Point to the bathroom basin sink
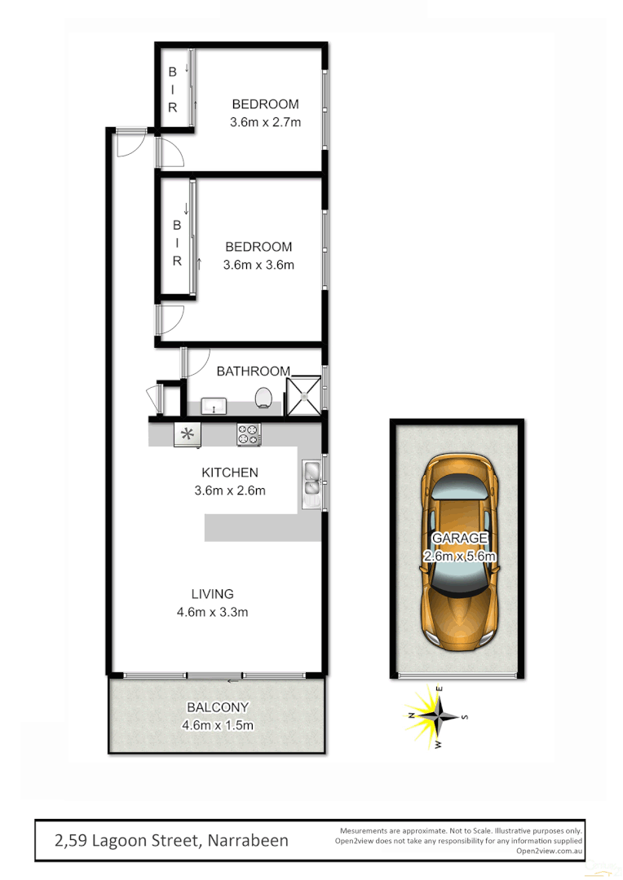point(214,403)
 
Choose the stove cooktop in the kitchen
point(249,434)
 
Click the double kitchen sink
point(311,479)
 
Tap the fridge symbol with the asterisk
point(188,434)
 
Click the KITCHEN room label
point(230,473)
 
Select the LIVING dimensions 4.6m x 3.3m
point(213,612)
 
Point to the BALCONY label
point(217,707)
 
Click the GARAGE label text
point(459,538)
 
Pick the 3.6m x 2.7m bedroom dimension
point(265,123)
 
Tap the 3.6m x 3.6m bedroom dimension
point(258,265)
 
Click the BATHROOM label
point(253,371)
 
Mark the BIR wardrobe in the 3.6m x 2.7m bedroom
point(174,90)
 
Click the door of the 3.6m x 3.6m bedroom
point(170,319)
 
